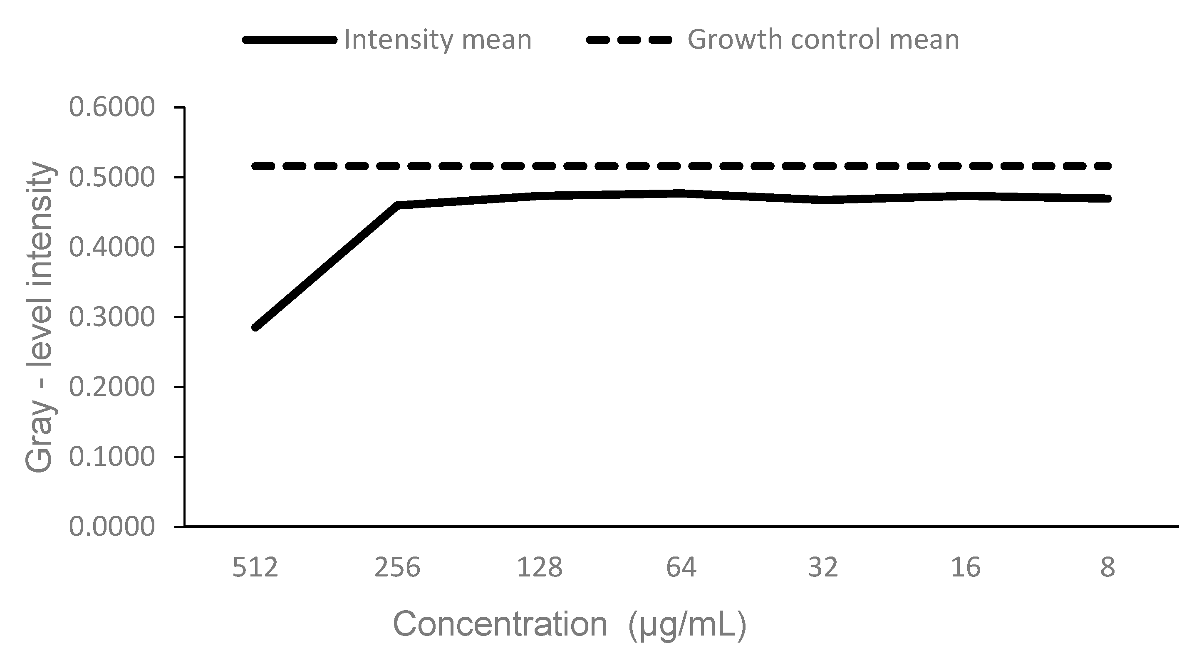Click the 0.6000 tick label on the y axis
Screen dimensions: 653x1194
point(112,108)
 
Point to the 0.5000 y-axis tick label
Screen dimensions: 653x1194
point(112,178)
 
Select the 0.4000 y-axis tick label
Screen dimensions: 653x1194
point(112,247)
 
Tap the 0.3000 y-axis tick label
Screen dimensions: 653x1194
point(112,317)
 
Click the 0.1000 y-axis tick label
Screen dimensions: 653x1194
point(112,457)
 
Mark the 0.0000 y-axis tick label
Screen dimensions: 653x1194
point(112,527)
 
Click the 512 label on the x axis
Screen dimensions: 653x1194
point(255,567)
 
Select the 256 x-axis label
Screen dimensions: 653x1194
point(397,567)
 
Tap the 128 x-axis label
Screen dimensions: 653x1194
point(540,567)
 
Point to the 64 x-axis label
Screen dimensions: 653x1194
point(681,567)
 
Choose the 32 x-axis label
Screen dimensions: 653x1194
point(824,567)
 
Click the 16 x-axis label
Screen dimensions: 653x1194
point(966,567)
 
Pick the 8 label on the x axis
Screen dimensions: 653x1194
point(1108,567)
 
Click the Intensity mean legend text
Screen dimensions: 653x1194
point(438,40)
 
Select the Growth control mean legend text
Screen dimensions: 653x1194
point(823,40)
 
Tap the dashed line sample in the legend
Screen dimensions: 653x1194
point(629,40)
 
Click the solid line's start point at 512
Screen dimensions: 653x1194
point(255,327)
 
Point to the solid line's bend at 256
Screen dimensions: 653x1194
point(398,205)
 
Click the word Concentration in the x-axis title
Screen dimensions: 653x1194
point(500,624)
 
